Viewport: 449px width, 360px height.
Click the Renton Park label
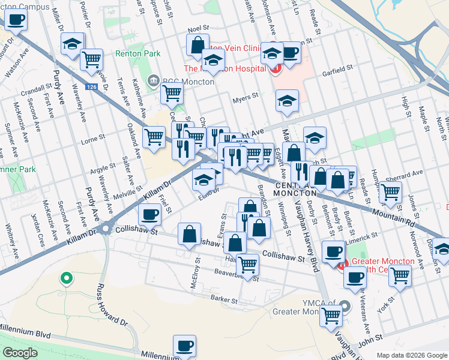point(142,53)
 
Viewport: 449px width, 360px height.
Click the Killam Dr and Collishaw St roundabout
point(106,229)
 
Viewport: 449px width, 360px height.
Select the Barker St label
point(225,298)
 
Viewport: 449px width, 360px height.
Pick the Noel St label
point(197,28)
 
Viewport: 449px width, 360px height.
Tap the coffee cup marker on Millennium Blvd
point(185,345)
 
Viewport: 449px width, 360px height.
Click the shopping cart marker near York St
point(400,275)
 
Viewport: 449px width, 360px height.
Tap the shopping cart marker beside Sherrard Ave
point(391,192)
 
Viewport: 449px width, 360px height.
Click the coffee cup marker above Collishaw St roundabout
point(149,213)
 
